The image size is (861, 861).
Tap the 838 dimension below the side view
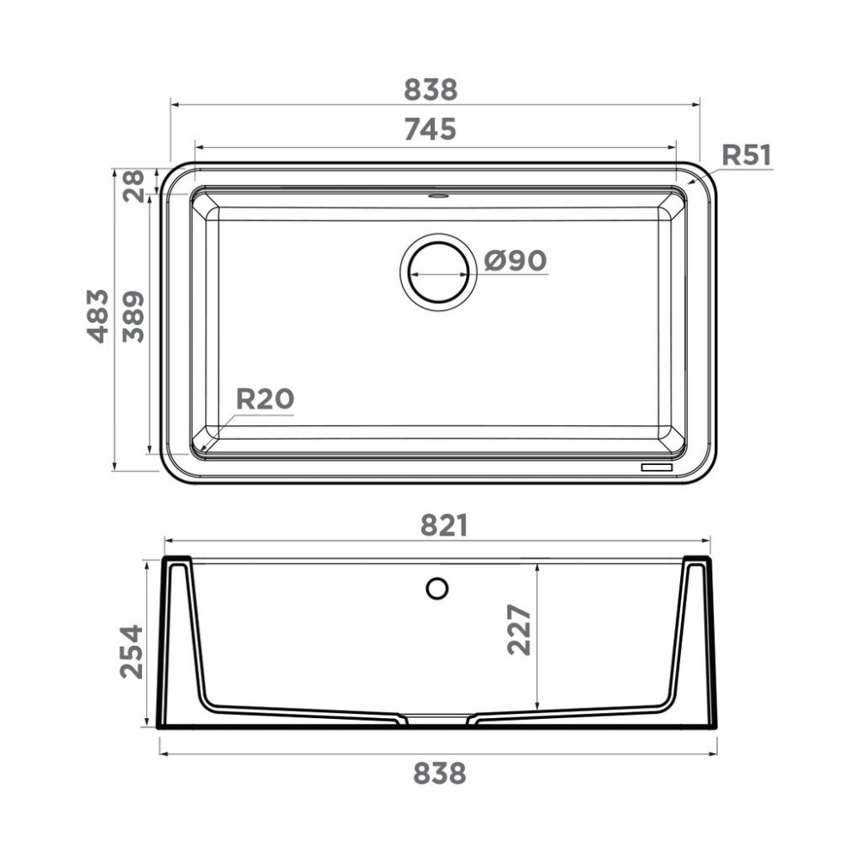pyautogui.click(x=439, y=773)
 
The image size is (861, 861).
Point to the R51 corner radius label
pyautogui.click(x=746, y=155)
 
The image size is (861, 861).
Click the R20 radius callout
pyautogui.click(x=264, y=399)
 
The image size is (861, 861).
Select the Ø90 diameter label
pyautogui.click(x=515, y=260)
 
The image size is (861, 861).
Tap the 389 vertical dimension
pyautogui.click(x=133, y=316)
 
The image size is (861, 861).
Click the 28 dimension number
pyautogui.click(x=134, y=184)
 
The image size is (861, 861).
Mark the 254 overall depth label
pyautogui.click(x=132, y=652)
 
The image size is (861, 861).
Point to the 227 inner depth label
pyautogui.click(x=519, y=629)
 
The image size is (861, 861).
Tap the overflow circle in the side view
pyautogui.click(x=437, y=589)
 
